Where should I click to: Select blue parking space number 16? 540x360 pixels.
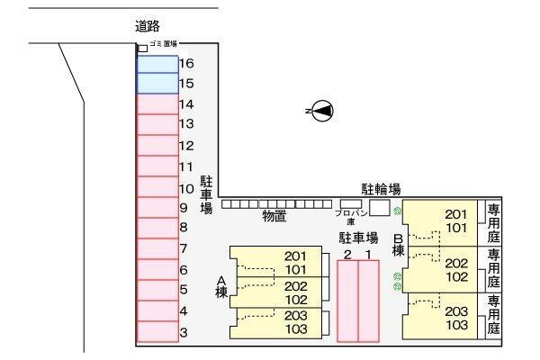(x=157, y=64)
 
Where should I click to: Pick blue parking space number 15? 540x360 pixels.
(x=157, y=84)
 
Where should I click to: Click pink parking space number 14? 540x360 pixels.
(x=157, y=103)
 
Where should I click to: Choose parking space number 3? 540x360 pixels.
(x=157, y=333)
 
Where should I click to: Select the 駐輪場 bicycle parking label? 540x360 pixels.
(x=381, y=189)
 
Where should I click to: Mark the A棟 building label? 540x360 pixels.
(x=220, y=287)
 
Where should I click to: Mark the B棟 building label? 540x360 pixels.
(x=398, y=244)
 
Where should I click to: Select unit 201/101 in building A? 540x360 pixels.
(x=279, y=262)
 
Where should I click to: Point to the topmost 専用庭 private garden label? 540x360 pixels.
(x=494, y=222)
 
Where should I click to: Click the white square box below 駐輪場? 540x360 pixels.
(x=380, y=208)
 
